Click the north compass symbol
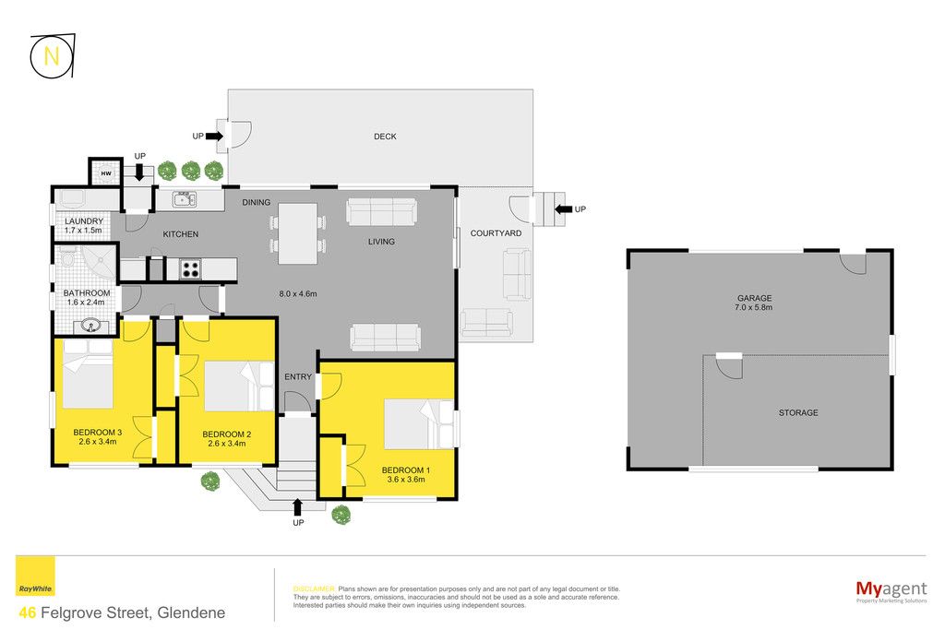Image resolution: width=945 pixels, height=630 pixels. click(53, 56)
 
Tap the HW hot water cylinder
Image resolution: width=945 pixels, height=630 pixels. click(106, 173)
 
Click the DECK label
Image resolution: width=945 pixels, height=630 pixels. click(385, 137)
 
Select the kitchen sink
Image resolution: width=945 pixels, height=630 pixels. click(184, 198)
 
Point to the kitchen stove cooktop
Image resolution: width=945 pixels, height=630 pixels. click(190, 268)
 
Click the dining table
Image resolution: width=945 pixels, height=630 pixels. click(298, 233)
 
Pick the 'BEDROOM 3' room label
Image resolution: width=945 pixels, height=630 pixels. click(98, 433)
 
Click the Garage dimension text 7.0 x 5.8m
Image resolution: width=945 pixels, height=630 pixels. click(753, 307)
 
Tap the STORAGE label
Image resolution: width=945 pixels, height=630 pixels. click(798, 412)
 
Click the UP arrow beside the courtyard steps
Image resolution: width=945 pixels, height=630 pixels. click(564, 209)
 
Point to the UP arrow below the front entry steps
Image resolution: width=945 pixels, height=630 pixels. click(297, 507)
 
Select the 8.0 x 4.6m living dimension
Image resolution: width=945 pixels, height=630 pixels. click(298, 294)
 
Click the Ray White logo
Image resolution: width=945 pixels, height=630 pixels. click(35, 576)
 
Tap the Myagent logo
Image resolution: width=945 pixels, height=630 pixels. click(891, 591)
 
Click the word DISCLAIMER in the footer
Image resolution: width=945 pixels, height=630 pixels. click(314, 589)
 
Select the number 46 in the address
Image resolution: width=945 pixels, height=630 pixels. click(28, 612)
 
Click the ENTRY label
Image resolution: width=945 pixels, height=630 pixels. click(298, 377)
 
